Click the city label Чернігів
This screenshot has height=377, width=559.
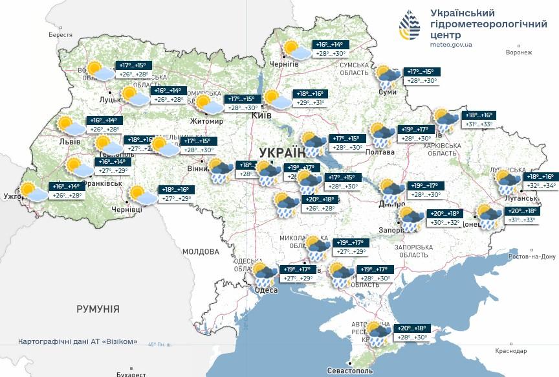point(284,63)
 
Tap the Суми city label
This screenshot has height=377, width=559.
point(388,93)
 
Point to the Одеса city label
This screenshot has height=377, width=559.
point(267,290)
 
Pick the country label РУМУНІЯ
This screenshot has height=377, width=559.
point(98,309)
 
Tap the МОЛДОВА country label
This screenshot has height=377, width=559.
point(201,251)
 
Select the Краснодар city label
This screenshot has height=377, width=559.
point(511,350)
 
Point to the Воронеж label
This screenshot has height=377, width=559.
point(519,52)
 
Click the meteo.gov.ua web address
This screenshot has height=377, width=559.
point(451,45)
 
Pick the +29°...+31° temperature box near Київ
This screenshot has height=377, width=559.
point(310,103)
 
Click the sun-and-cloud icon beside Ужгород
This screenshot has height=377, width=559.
point(32,191)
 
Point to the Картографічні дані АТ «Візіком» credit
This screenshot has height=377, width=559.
point(78,341)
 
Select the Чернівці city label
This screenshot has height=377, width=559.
point(144,209)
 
